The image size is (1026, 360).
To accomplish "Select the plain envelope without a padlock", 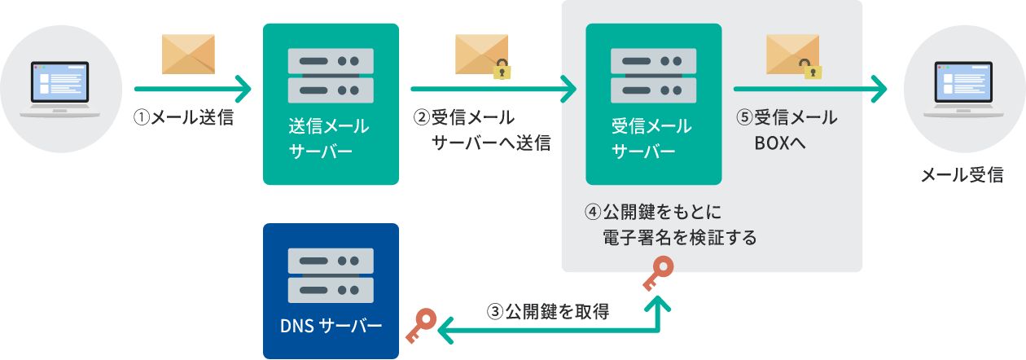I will (x=188, y=55).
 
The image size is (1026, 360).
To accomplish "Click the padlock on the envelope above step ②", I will (x=503, y=69).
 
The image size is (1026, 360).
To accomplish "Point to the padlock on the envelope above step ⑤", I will (x=812, y=69).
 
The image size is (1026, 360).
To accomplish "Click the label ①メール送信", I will (x=184, y=118).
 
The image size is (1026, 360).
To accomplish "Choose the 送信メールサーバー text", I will (x=329, y=139).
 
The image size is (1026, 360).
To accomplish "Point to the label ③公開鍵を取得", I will (x=548, y=311).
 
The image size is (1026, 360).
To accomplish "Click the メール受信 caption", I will (x=962, y=174).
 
